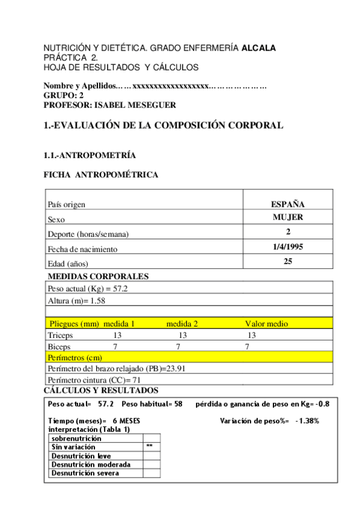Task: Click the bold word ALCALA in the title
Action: [258, 48]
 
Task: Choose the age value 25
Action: [288, 261]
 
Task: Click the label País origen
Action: [66, 204]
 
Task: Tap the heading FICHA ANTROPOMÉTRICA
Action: [101, 175]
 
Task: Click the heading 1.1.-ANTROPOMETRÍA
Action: [90, 156]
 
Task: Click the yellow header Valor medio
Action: [266, 324]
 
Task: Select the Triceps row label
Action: [60, 335]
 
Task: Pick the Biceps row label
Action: [59, 347]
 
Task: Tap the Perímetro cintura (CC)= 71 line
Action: [94, 381]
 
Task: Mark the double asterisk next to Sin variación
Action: [150, 447]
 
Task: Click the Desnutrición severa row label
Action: [85, 473]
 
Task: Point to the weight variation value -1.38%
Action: [307, 421]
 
